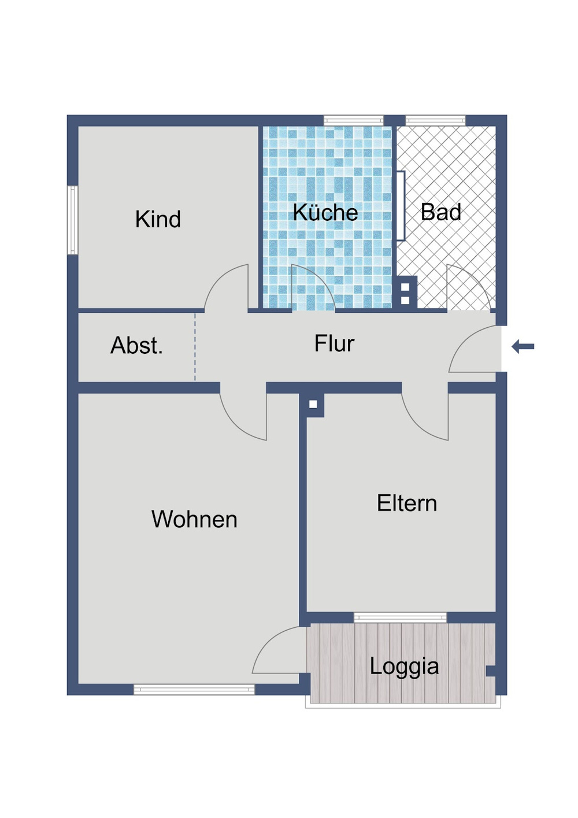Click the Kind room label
[158, 219]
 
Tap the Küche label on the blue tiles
[325, 212]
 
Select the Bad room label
[440, 212]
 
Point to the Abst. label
[136, 345]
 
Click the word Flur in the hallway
[334, 343]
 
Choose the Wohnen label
[194, 519]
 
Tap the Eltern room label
[407, 503]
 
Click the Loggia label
[404, 667]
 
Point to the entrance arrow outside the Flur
[523, 346]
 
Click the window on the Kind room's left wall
[73, 220]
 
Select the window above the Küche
[353, 120]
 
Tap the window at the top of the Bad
[436, 120]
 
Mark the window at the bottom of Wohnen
[194, 690]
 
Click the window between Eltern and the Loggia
[400, 617]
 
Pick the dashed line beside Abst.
[195, 347]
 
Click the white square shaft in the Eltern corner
[313, 404]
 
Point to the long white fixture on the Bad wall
[401, 206]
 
